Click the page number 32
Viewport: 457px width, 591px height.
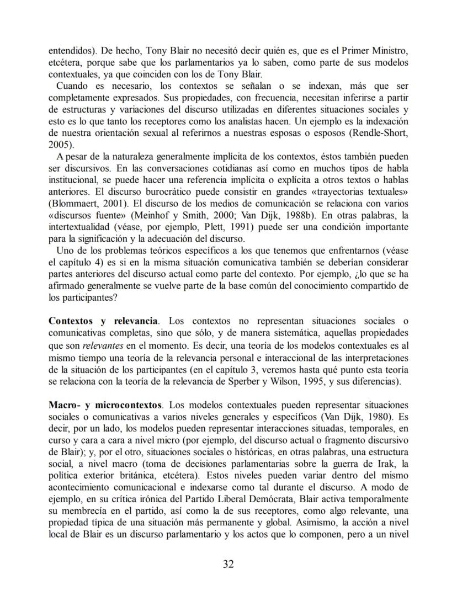click(x=228, y=564)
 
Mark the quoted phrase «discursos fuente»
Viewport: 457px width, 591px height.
click(x=83, y=215)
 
